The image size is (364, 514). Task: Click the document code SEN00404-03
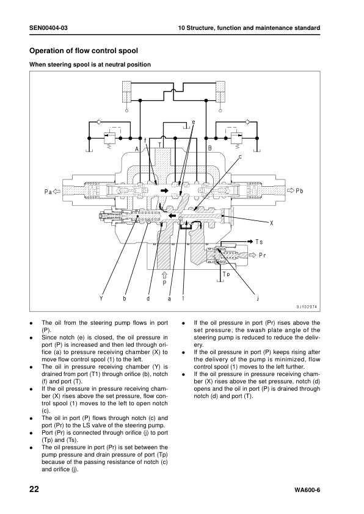point(48,28)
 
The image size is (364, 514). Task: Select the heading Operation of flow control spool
point(84,51)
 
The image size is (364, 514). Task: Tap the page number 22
point(34,490)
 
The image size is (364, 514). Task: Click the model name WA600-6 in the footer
point(307,490)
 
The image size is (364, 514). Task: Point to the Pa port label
point(48,192)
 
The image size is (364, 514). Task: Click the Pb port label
point(299,190)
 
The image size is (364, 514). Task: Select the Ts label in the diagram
point(259,242)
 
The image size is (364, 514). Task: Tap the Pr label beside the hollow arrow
point(262,255)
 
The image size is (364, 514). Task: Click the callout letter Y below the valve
point(101,299)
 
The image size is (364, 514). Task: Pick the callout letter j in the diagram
point(258,299)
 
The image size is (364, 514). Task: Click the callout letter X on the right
point(272,223)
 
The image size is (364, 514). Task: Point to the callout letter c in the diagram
point(240,157)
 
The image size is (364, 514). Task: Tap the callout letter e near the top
point(194,122)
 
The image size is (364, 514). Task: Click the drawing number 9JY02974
point(307,307)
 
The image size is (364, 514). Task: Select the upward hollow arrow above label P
point(165,274)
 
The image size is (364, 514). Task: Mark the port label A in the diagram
point(137,149)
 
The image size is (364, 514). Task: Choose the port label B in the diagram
point(210,148)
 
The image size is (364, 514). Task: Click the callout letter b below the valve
point(125,299)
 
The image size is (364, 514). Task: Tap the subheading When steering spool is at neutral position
point(90,65)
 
